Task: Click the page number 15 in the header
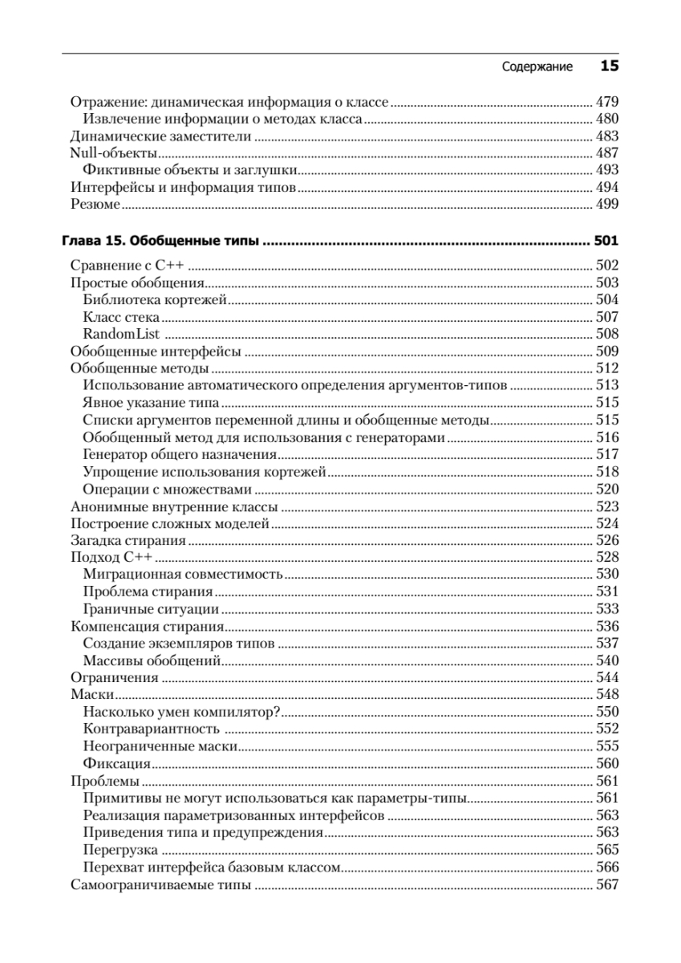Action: (609, 67)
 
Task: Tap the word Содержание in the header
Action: (537, 67)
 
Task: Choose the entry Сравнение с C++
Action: (128, 265)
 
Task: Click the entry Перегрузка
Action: (120, 850)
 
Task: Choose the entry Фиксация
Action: (116, 763)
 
